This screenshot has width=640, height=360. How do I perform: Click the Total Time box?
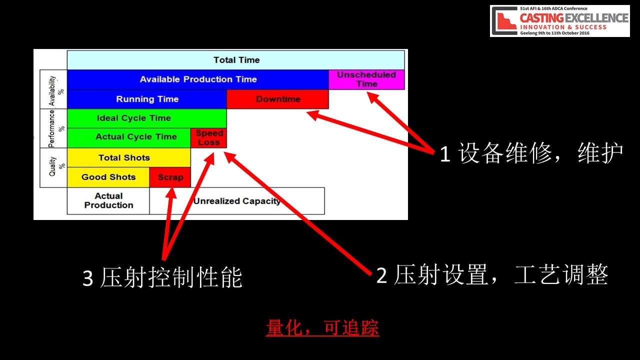[x=235, y=60]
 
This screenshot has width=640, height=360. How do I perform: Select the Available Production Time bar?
[x=197, y=79]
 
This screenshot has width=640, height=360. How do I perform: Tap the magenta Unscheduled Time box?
[x=366, y=79]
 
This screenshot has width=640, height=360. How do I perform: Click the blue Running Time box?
[x=147, y=99]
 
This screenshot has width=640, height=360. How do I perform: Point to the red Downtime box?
[x=277, y=99]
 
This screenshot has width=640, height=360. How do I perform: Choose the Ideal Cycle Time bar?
[x=147, y=118]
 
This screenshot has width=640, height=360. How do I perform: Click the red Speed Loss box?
[x=209, y=138]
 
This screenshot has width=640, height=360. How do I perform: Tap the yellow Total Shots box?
[x=129, y=157]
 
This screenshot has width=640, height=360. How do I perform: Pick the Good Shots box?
[x=108, y=177]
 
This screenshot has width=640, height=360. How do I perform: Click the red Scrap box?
[x=170, y=177]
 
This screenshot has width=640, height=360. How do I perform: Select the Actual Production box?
[x=108, y=201]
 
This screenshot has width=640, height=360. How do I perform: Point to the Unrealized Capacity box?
[x=237, y=201]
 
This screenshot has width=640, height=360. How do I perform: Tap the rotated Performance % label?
[x=55, y=128]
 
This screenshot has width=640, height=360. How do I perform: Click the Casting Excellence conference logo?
[x=559, y=21]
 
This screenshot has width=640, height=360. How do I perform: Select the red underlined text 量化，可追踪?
[x=322, y=327]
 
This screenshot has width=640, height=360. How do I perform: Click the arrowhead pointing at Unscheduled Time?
[x=373, y=97]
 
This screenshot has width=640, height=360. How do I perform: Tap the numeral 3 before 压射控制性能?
[x=87, y=278]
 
